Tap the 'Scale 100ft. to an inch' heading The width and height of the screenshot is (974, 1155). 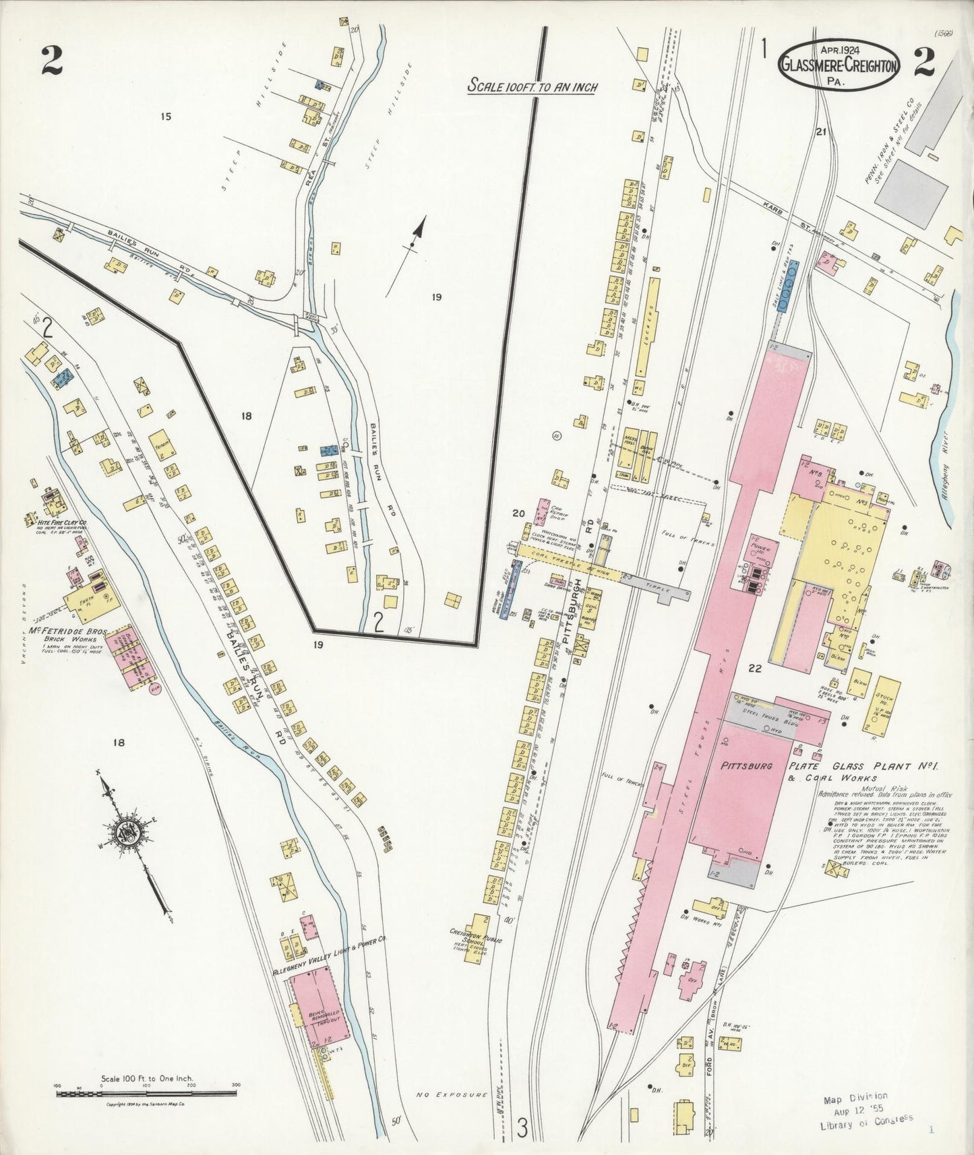(x=532, y=86)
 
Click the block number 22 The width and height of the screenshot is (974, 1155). (x=754, y=668)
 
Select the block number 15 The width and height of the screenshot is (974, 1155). (x=165, y=117)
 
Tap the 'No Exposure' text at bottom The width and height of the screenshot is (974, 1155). (x=462, y=1095)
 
